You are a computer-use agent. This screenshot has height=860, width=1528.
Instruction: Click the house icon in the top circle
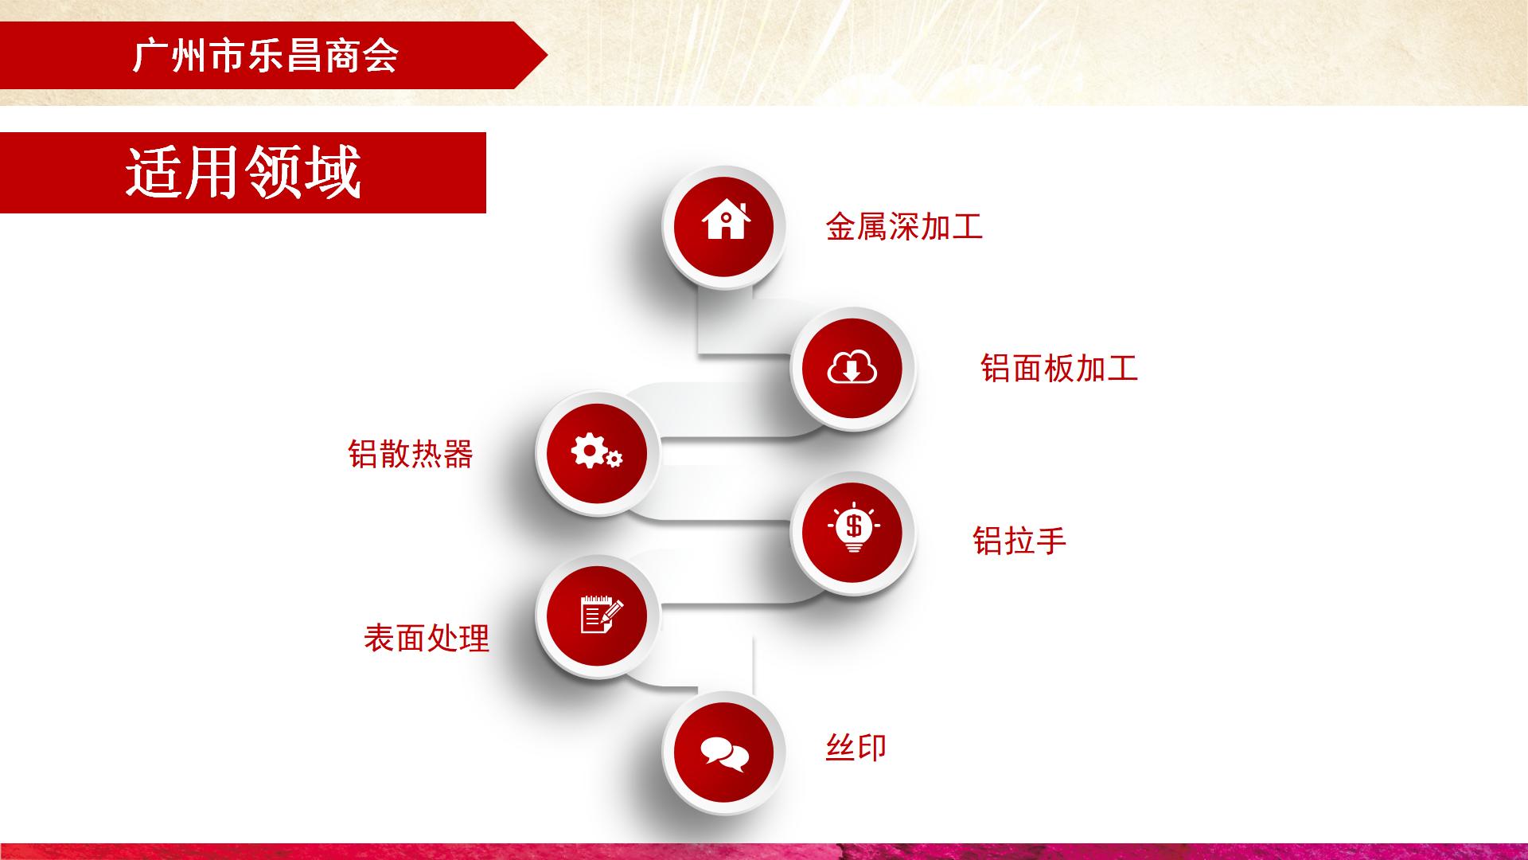pyautogui.click(x=726, y=221)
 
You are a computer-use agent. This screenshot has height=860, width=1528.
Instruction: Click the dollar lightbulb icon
pyautogui.click(x=853, y=528)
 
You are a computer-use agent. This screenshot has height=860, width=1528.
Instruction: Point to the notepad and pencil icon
pyautogui.click(x=602, y=614)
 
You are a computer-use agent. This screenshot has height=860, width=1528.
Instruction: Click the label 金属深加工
pyautogui.click(x=904, y=226)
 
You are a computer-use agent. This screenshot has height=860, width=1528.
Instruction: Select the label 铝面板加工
pyautogui.click(x=1059, y=368)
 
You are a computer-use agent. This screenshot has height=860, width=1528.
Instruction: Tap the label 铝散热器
pyautogui.click(x=411, y=454)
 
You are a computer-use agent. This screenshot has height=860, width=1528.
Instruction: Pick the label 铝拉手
pyautogui.click(x=1019, y=540)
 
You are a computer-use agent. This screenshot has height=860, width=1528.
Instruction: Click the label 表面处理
pyautogui.click(x=427, y=638)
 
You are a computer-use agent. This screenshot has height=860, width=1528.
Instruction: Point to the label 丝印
pyautogui.click(x=856, y=747)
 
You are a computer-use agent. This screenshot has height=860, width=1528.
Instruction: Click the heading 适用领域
pyautogui.click(x=244, y=172)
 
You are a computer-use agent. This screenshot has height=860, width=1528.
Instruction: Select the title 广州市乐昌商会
pyautogui.click(x=265, y=57)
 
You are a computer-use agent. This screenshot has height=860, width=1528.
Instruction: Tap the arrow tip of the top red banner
pyautogui.click(x=548, y=55)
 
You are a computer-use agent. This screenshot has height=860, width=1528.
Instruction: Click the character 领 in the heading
pyautogui.click(x=273, y=172)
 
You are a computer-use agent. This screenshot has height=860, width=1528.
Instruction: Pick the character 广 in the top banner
pyautogui.click(x=149, y=57)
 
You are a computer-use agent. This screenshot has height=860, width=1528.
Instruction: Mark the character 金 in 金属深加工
pyautogui.click(x=841, y=226)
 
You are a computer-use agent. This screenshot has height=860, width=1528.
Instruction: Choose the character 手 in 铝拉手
pyautogui.click(x=1051, y=540)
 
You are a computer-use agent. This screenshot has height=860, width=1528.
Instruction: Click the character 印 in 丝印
pyautogui.click(x=872, y=747)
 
